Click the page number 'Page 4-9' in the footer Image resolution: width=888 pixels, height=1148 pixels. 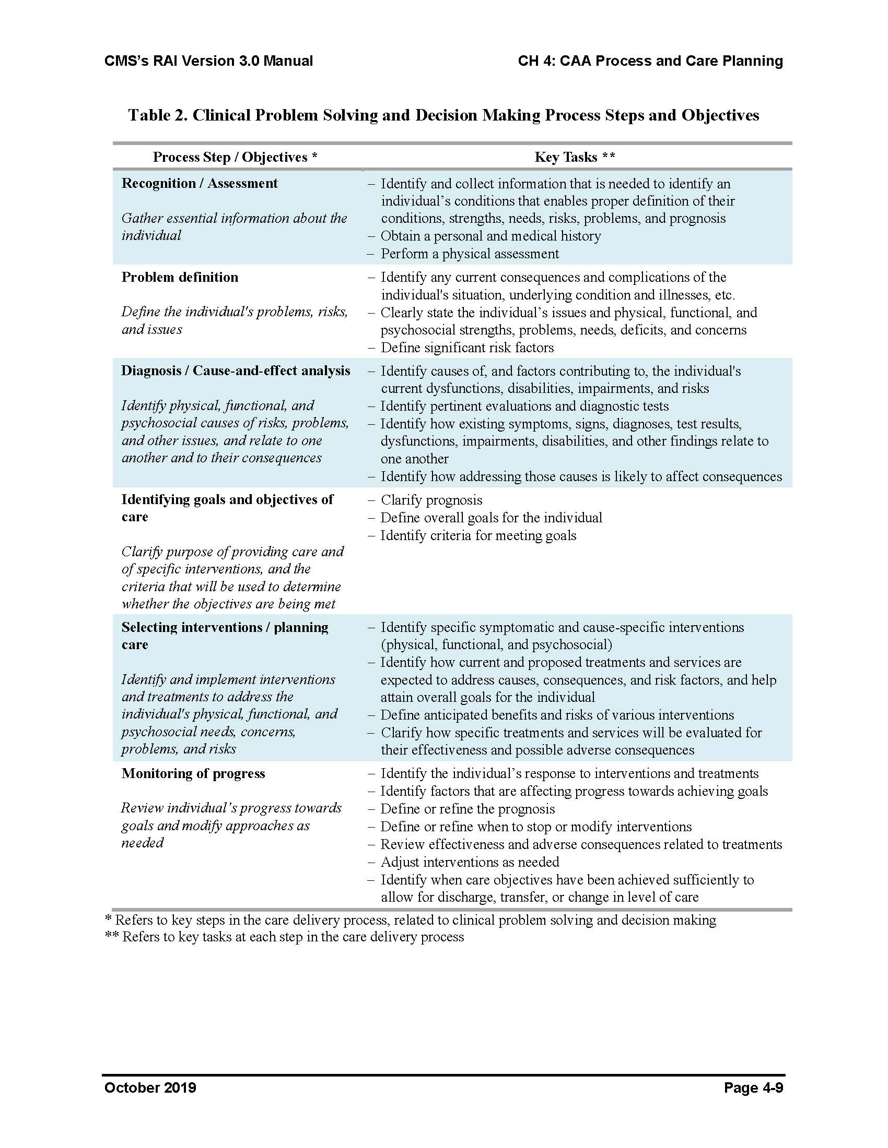click(x=753, y=1087)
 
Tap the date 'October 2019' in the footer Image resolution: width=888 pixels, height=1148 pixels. click(x=150, y=1087)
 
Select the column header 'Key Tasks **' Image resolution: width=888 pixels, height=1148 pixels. click(x=575, y=157)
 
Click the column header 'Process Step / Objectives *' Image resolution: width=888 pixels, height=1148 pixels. click(x=235, y=157)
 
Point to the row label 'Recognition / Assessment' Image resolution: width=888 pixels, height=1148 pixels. click(x=200, y=183)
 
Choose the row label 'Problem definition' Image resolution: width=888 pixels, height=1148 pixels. click(x=179, y=277)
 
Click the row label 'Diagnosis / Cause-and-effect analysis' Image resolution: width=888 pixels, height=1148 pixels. click(x=235, y=370)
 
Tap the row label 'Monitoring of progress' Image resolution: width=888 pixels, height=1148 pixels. click(x=193, y=773)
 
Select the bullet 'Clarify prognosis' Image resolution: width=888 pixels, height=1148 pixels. click(x=431, y=500)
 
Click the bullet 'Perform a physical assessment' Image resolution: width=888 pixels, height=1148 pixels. click(x=469, y=254)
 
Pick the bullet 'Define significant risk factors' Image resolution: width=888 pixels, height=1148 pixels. click(x=466, y=348)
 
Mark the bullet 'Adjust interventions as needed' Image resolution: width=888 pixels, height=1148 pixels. click(x=469, y=862)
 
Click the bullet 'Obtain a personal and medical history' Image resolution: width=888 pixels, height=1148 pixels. click(x=490, y=236)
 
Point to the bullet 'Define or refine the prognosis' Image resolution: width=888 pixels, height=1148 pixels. click(x=467, y=809)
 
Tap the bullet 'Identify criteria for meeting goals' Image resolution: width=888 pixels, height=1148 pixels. click(x=477, y=535)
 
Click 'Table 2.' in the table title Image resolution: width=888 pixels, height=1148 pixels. click(x=158, y=115)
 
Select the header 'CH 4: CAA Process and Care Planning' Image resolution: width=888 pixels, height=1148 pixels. click(x=650, y=61)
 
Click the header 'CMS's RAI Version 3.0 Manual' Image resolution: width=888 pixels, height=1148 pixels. click(x=208, y=61)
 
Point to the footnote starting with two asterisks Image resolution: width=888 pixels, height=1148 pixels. click(x=285, y=937)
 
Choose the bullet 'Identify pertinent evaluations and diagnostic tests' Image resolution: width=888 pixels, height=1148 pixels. click(x=524, y=406)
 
